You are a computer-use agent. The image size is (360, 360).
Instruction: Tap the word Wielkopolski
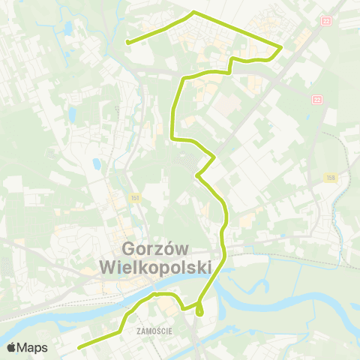coord(155,268)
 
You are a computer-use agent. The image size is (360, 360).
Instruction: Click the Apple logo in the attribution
coord(11,347)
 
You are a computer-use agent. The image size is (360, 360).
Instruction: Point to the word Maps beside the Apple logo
coord(34,347)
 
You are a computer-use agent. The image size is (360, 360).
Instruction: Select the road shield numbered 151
coord(133,197)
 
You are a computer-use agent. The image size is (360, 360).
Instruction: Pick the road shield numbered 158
coord(330,177)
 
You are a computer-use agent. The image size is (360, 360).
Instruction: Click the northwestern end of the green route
coord(127,43)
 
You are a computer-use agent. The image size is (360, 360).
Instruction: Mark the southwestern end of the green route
coord(79,346)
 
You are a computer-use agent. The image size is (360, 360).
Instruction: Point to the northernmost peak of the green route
coord(194,12)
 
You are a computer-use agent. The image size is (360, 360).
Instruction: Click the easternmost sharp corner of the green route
coord(281,48)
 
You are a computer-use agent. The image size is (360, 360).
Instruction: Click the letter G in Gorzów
coord(127,250)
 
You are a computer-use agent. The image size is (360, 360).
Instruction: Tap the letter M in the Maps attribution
coord(24,347)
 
